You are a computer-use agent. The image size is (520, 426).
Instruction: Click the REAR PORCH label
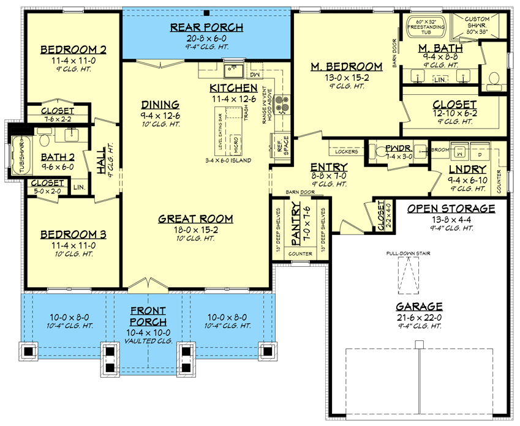click(x=206, y=27)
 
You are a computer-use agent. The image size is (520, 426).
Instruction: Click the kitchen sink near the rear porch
click(x=232, y=68)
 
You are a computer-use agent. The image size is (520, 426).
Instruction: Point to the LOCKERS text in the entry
click(x=347, y=151)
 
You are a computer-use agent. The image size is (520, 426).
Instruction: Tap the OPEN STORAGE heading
click(x=451, y=209)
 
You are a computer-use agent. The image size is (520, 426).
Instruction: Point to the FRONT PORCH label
click(x=147, y=316)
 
